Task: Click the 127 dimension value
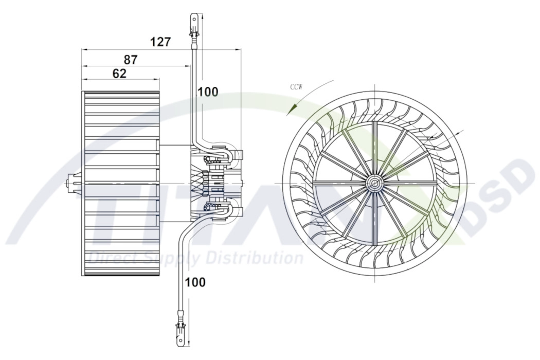pos(160,42)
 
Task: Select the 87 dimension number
pos(131,60)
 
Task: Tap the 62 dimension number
pos(119,74)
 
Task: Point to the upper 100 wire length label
pos(208,92)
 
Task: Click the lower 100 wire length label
pos(195,282)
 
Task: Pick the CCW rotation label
pos(296,87)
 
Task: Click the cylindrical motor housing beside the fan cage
pos(175,183)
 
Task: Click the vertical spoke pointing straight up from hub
pos(375,149)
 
